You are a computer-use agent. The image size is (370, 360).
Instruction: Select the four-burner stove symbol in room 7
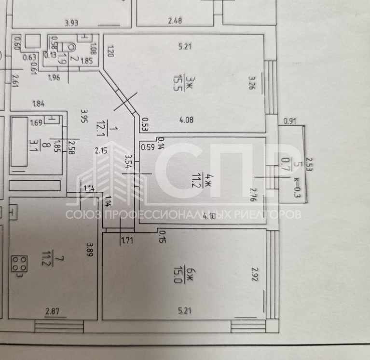tap(19, 264)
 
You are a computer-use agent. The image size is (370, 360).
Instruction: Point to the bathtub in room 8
tap(19, 142)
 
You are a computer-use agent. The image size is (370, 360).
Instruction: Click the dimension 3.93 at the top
tap(72, 23)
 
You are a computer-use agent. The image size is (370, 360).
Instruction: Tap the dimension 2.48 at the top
tap(175, 21)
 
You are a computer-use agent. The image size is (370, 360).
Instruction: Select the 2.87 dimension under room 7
tap(53, 311)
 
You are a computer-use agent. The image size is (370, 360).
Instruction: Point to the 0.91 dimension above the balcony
tap(289, 121)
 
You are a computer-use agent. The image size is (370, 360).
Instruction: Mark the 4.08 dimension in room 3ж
tap(186, 120)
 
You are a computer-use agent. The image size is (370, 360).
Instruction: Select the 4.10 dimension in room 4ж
tap(209, 216)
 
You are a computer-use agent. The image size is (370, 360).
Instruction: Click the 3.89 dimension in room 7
tap(90, 250)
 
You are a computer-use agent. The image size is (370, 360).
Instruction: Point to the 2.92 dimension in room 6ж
tap(255, 274)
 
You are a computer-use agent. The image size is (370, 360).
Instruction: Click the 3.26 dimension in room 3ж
tap(251, 82)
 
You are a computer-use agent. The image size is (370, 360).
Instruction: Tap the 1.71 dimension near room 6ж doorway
tap(127, 240)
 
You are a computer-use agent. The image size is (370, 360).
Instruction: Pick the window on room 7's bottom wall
tap(59, 326)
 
